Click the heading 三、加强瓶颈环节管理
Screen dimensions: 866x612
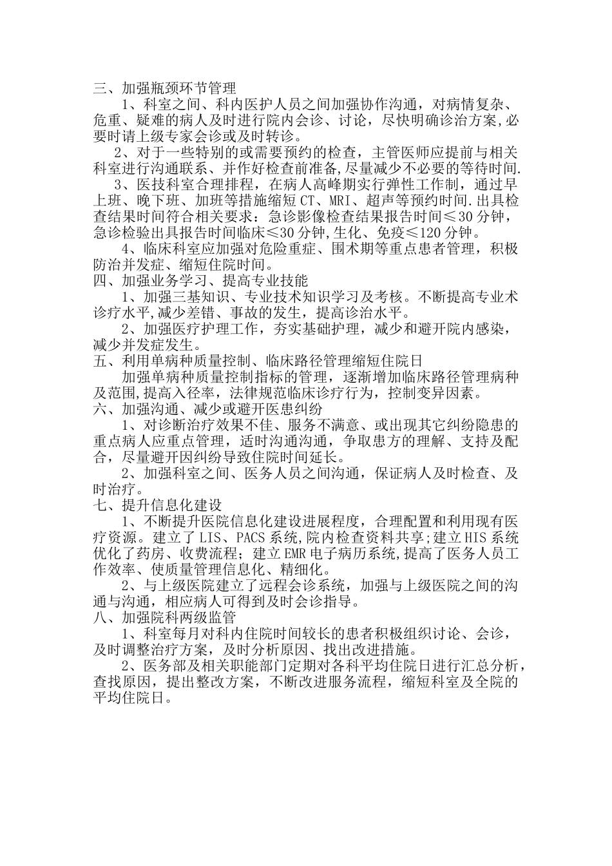pos(155,88)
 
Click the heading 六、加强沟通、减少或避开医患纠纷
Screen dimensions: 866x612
pos(208,409)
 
